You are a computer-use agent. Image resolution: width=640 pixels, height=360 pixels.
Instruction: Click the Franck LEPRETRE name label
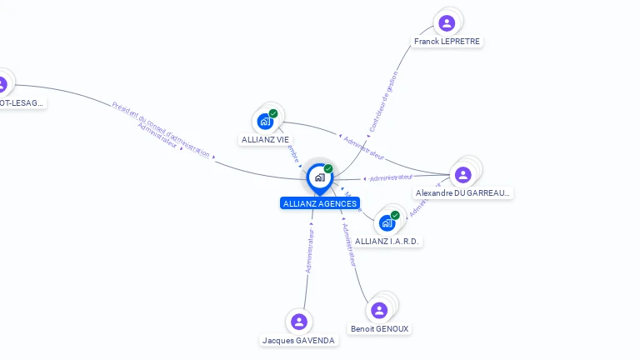(x=447, y=41)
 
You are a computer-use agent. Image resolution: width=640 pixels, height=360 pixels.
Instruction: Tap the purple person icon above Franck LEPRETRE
(x=447, y=23)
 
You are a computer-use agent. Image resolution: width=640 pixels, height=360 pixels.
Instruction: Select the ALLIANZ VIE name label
(x=265, y=139)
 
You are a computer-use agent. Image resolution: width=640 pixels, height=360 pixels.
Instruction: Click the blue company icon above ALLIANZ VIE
(x=266, y=121)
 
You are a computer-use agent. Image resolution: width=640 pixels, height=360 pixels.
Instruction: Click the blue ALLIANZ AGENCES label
(x=320, y=203)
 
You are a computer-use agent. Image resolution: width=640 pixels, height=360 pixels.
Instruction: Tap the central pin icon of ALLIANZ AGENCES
(x=319, y=177)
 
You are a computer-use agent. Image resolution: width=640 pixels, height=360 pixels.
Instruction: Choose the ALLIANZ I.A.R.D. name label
(x=387, y=241)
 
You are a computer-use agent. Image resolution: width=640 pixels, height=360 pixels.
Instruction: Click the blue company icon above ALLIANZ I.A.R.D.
(x=387, y=222)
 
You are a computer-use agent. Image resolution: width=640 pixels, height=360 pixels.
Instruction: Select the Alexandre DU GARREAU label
(x=463, y=192)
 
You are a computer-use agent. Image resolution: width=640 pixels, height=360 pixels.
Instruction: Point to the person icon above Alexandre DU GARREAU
(x=462, y=174)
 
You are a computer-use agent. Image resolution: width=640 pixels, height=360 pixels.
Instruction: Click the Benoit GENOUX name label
(x=379, y=328)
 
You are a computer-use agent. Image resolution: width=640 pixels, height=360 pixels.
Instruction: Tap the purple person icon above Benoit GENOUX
(x=379, y=310)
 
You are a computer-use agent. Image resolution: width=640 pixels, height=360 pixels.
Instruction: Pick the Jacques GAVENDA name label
(x=298, y=340)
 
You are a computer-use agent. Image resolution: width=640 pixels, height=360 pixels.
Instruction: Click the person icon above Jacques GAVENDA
(x=298, y=322)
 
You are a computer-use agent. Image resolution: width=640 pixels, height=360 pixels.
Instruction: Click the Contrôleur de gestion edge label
(x=382, y=102)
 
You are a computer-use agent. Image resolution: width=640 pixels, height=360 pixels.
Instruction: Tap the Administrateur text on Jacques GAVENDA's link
(x=309, y=251)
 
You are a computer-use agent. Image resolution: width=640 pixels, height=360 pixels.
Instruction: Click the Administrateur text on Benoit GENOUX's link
(x=350, y=244)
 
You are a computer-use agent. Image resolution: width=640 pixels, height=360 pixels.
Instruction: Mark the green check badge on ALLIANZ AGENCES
(x=328, y=168)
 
